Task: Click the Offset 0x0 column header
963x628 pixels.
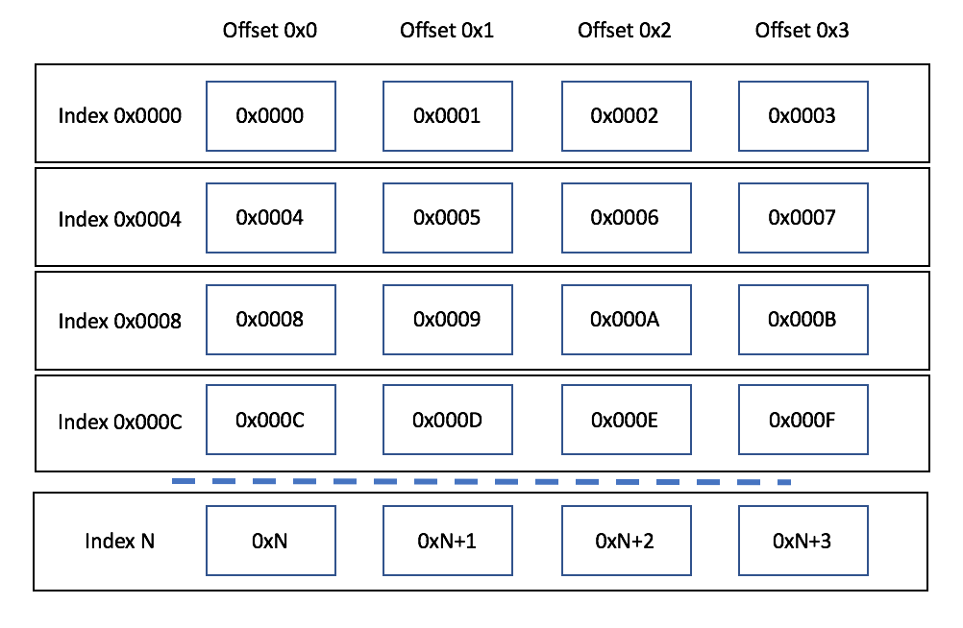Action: click(x=270, y=31)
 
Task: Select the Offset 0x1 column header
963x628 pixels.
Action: click(x=447, y=31)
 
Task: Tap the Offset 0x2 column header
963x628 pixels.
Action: click(x=625, y=31)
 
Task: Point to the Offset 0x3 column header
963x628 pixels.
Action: click(x=802, y=31)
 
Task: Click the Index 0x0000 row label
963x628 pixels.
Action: click(x=120, y=116)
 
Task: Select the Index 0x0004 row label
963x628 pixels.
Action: click(x=120, y=219)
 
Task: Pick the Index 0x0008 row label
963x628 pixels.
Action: click(x=120, y=321)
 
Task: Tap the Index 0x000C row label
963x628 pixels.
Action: click(x=120, y=422)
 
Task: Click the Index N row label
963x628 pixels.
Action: click(x=120, y=541)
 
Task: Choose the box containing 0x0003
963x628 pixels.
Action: click(x=802, y=116)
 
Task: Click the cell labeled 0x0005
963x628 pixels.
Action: click(x=448, y=218)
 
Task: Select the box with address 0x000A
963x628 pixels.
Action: click(x=626, y=320)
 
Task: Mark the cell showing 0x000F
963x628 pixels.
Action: click(x=802, y=421)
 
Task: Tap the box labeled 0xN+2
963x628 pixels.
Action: click(x=626, y=541)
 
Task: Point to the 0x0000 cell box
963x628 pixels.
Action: click(x=271, y=116)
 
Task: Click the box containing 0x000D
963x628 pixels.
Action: click(x=448, y=421)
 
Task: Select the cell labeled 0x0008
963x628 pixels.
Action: click(x=271, y=320)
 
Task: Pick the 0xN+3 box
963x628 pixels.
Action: click(x=802, y=541)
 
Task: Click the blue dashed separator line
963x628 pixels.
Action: click(x=481, y=481)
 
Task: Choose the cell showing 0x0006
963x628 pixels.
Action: click(x=626, y=218)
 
